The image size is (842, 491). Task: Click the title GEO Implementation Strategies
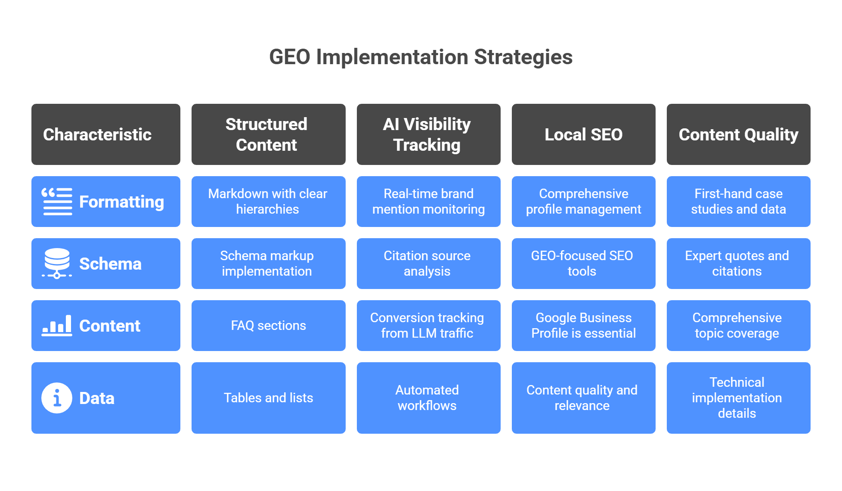coord(421,57)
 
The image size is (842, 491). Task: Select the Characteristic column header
coord(106,134)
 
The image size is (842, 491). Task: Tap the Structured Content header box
coord(268,134)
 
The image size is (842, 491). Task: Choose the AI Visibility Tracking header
coord(428,134)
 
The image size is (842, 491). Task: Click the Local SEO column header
coord(583,134)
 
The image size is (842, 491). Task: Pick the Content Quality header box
coord(738,134)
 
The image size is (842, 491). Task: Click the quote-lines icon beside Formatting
coord(57,202)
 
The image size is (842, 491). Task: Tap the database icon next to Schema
coord(57,263)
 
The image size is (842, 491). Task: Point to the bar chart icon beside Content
coord(57,326)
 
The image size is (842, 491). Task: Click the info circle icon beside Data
coord(57,398)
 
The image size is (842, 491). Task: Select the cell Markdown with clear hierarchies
coord(268,202)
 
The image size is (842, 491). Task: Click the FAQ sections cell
coord(268,326)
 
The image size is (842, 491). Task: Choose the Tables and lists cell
coord(268,398)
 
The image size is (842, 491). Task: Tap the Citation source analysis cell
coord(428,264)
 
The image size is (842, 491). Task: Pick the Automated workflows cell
coord(428,398)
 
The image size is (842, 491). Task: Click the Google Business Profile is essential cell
coord(583,326)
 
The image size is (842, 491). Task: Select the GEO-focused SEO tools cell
coord(583,264)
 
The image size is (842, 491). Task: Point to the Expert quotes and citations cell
coord(738,264)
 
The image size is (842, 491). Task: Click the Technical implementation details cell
coord(738,398)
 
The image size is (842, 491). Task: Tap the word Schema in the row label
coord(110,264)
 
